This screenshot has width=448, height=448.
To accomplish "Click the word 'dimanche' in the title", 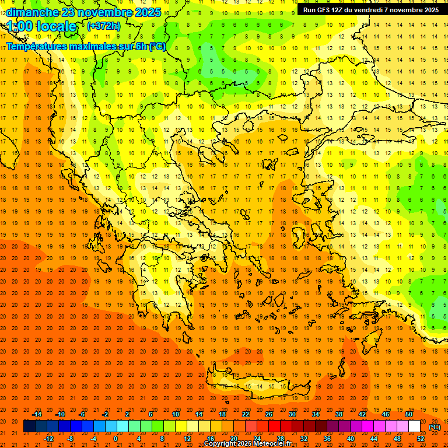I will click(x=32, y=12).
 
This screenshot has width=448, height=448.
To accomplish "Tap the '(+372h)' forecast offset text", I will click(x=103, y=26).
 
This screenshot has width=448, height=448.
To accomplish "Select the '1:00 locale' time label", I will click(x=42, y=26).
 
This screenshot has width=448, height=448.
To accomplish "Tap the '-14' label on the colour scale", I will click(x=37, y=414).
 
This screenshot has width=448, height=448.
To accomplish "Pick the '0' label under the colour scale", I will click(x=116, y=439).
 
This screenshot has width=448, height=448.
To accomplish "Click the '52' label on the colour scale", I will click(x=420, y=439).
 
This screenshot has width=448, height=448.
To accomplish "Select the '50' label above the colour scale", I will click(x=408, y=414).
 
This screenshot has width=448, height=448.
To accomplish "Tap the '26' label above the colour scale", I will click(x=269, y=414).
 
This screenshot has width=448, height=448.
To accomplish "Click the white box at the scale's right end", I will click(x=414, y=426).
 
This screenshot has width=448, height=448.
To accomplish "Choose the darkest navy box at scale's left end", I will click(x=29, y=426).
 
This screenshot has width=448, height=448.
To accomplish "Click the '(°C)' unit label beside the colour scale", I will click(x=435, y=427).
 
